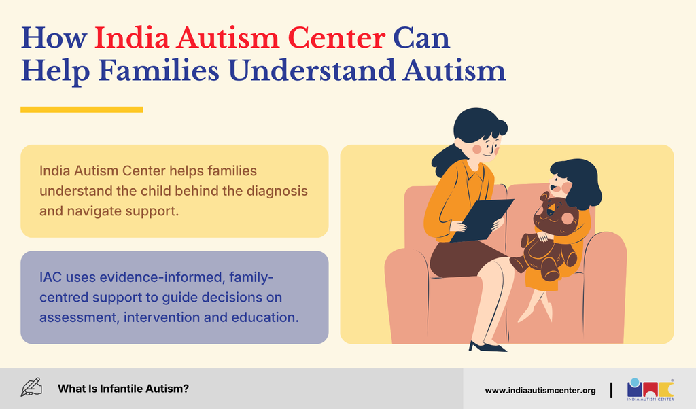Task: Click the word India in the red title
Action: pyautogui.click(x=132, y=38)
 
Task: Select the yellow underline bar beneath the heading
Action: pyautogui.click(x=82, y=109)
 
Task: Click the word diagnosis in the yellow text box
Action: pyautogui.click(x=277, y=191)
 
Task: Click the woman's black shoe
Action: pyautogui.click(x=487, y=346)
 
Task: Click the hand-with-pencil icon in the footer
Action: pyautogui.click(x=31, y=387)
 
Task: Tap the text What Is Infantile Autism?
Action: pyautogui.click(x=123, y=389)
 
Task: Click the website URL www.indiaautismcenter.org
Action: pyautogui.click(x=540, y=391)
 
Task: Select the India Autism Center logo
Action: pyautogui.click(x=650, y=389)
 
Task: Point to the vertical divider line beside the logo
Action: pyautogui.click(x=611, y=390)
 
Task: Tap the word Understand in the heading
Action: pyautogui.click(x=311, y=71)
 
